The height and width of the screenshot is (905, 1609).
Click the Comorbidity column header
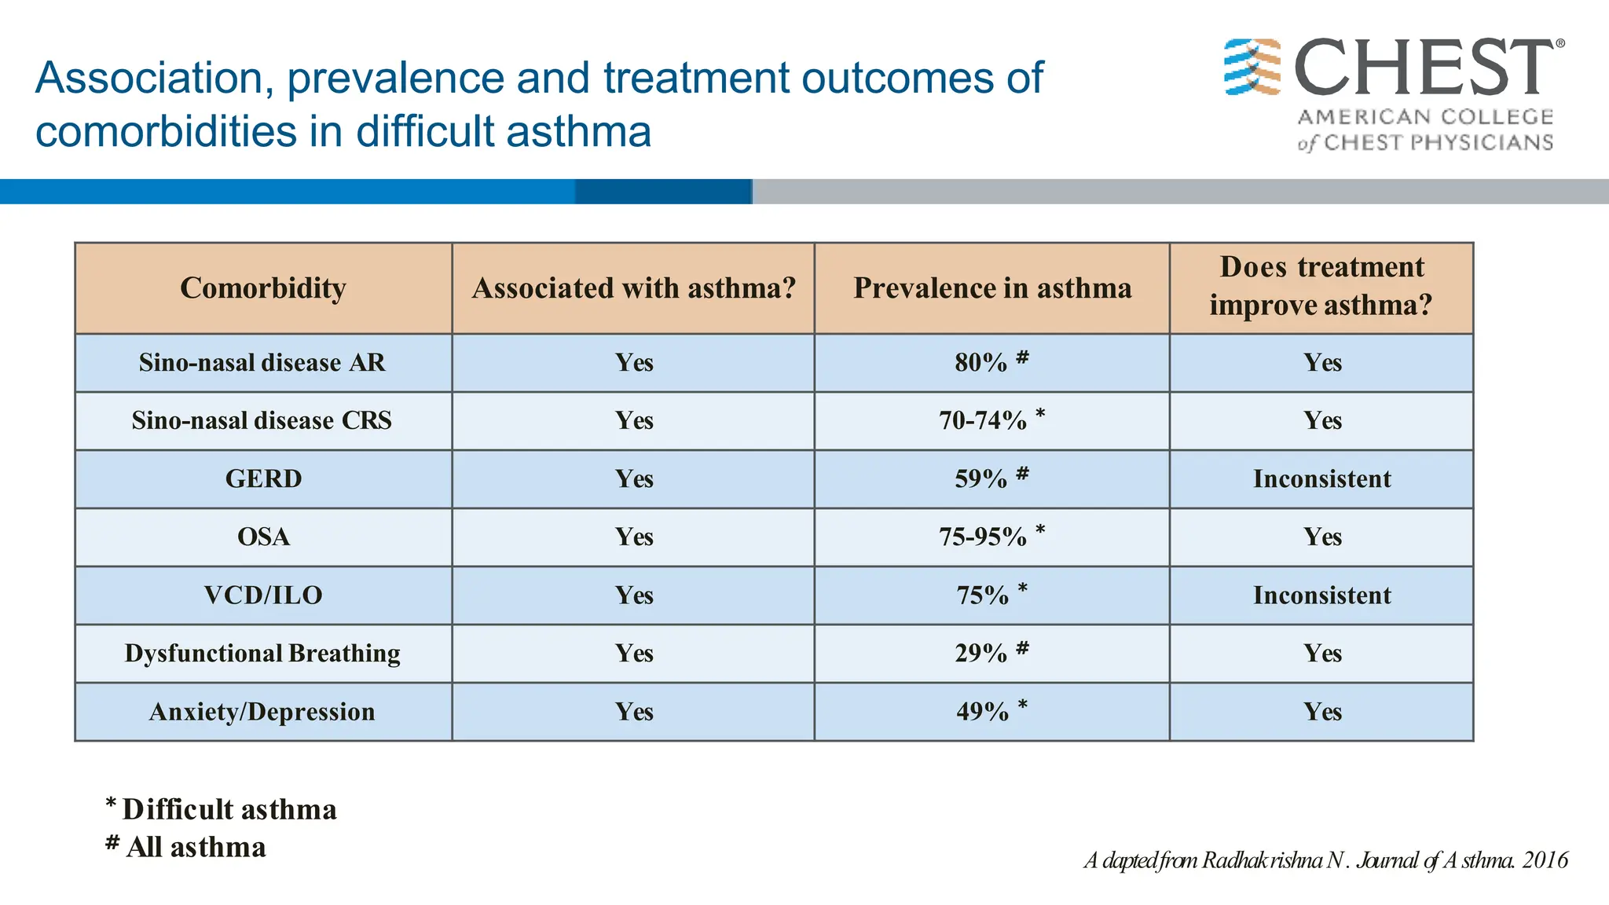[263, 288]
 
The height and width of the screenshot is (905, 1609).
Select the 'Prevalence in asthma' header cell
[992, 288]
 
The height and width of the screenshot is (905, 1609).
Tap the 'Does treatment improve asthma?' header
[1321, 286]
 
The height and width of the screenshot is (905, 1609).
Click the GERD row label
[263, 478]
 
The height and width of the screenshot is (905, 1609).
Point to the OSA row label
[263, 537]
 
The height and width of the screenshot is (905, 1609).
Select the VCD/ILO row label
[263, 595]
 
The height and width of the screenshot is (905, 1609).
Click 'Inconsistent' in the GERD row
[1321, 478]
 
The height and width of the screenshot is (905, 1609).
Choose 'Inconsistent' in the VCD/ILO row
[1321, 595]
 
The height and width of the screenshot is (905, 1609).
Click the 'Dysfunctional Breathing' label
[262, 653]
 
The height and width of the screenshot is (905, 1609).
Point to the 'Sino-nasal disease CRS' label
[262, 420]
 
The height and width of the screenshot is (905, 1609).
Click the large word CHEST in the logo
[1422, 69]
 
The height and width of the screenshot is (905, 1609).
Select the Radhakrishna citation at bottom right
[1325, 860]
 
